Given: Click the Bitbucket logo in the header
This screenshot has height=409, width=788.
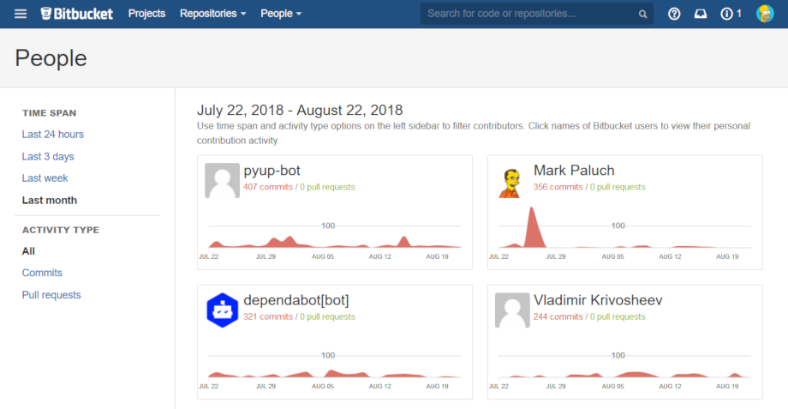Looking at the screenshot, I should coord(76,14).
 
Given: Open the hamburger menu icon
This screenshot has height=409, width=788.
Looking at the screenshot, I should coord(21,14).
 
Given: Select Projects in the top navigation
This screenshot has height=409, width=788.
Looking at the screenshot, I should coord(146,14).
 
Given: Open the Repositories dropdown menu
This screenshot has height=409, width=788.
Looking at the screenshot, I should coord(212,14).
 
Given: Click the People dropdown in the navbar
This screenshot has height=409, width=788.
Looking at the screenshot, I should coord(281,14).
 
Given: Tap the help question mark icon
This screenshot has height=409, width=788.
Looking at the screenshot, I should coord(674,14).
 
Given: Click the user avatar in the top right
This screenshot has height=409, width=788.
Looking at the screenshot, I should coord(765,14).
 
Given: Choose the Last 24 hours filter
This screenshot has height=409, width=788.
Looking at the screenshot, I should coord(53,135).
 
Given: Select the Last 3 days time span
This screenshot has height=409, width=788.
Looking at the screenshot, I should coord(48,157).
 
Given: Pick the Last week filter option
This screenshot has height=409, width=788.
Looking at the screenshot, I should coord(45,178).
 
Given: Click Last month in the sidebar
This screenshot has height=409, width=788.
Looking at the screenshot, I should coord(50,201).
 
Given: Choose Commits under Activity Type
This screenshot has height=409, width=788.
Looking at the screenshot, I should coord(42,273).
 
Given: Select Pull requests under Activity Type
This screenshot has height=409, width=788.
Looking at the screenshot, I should coord(51,295).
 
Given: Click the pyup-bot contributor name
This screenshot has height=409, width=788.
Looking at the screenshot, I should coord(272,170).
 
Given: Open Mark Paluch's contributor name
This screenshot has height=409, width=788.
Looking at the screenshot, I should coord(574,170).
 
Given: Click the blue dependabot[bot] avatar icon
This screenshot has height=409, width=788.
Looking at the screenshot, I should coord(222,310).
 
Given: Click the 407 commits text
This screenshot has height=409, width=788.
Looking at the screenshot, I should coord(268,187).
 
